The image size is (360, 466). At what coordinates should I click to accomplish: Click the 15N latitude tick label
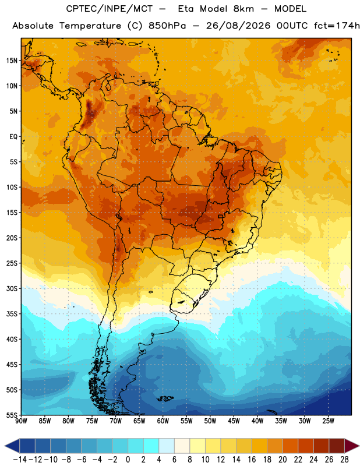tap(12, 61)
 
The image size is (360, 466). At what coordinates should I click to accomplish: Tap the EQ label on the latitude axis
tap(13, 137)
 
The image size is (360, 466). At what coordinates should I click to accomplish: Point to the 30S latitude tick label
tap(12, 288)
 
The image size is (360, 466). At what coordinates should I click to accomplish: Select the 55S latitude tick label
tap(12, 415)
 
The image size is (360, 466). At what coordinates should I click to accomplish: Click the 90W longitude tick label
tap(22, 421)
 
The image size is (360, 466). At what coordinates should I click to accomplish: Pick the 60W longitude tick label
tap(163, 421)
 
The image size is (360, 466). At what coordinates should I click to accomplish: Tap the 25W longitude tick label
tap(328, 421)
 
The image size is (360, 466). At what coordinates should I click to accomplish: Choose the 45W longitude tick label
tap(234, 421)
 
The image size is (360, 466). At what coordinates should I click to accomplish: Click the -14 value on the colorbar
tap(20, 460)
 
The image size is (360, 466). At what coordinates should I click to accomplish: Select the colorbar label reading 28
tap(344, 460)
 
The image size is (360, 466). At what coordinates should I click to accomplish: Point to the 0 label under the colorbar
tap(128, 460)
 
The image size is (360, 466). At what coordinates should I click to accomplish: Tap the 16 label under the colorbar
tap(252, 460)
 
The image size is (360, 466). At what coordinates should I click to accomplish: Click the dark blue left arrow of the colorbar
tap(12, 446)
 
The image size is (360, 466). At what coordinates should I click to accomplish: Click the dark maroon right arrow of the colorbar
tap(352, 446)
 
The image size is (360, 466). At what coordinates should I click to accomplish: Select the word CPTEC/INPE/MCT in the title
tap(110, 9)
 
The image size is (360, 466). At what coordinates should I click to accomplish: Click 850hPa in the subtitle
tap(167, 26)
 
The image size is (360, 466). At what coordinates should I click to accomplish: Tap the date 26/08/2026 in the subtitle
tap(238, 26)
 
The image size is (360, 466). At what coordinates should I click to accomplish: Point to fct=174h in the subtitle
tap(337, 26)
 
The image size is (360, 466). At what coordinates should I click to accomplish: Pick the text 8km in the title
tap(243, 9)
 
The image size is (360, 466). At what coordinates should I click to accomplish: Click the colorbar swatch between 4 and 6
tap(167, 446)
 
